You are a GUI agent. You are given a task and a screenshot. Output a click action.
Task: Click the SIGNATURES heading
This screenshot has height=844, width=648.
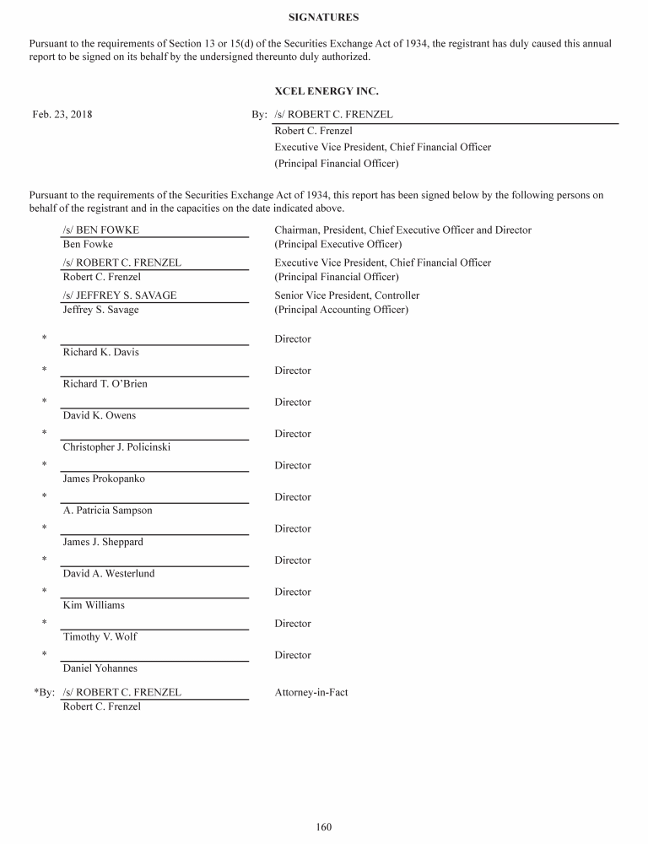(x=323, y=17)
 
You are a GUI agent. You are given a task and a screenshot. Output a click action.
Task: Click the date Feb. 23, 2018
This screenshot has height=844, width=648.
(x=62, y=115)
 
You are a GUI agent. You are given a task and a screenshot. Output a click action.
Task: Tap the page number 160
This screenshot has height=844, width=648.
(x=324, y=826)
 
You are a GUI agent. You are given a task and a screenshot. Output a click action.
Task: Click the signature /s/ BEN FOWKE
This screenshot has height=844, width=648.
(x=101, y=230)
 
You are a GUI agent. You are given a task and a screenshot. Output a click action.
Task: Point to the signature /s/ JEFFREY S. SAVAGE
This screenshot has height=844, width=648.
(x=120, y=295)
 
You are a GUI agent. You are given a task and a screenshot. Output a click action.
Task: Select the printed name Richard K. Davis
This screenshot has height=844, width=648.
(x=101, y=352)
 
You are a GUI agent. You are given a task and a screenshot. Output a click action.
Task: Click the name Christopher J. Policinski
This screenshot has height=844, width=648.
(x=116, y=446)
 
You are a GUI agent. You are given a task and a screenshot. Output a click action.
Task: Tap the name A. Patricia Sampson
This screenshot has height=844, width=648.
(x=108, y=510)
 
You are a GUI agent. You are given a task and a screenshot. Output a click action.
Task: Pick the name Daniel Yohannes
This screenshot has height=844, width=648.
(x=100, y=668)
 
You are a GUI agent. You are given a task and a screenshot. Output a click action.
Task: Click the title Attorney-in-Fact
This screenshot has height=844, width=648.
(x=311, y=692)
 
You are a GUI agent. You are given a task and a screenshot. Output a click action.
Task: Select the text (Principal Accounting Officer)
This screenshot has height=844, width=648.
(x=342, y=310)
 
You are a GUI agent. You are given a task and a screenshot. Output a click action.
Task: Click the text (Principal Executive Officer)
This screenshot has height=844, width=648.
(x=338, y=244)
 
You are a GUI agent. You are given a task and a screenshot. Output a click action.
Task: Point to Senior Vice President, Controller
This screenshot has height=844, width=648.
(x=347, y=295)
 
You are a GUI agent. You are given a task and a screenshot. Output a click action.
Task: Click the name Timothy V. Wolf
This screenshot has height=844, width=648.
(x=100, y=636)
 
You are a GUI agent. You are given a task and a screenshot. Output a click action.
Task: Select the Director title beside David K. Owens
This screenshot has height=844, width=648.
(x=293, y=402)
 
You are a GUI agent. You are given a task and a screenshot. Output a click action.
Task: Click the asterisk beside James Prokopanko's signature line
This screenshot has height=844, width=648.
(x=44, y=465)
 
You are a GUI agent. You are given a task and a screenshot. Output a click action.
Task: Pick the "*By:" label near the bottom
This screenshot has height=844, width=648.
(x=44, y=692)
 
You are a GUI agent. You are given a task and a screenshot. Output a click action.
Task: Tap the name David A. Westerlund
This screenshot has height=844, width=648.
(x=109, y=573)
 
